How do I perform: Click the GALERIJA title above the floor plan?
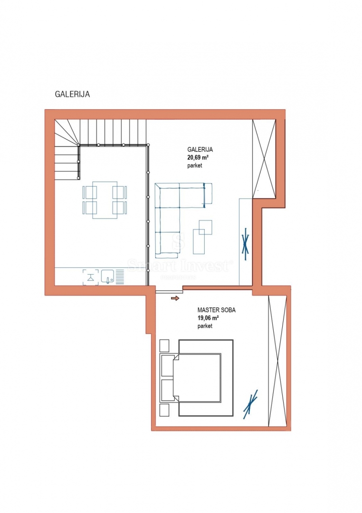click(73, 95)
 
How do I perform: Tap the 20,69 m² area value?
click(198, 157)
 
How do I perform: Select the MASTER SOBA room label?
click(216, 310)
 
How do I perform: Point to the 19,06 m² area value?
click(208, 318)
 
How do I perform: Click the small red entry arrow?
click(175, 298)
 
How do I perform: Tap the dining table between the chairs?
click(105, 200)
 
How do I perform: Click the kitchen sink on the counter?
click(107, 276)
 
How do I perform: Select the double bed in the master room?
click(200, 378)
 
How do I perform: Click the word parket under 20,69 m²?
click(195, 165)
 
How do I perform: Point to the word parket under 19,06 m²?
click(205, 326)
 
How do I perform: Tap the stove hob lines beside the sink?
click(120, 276)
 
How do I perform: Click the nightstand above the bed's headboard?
click(165, 344)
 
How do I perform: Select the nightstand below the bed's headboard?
click(165, 409)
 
